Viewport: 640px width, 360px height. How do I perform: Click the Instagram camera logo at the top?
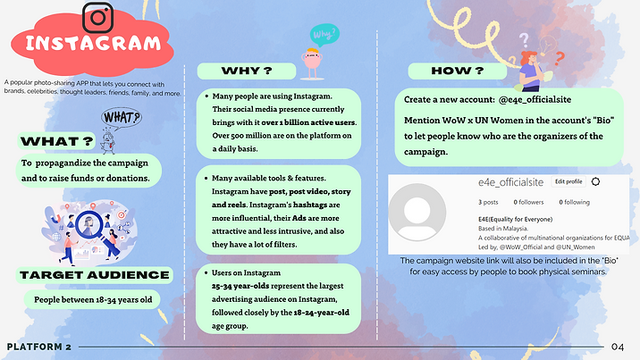point(97,17)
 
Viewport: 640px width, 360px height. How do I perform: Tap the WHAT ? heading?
point(57,140)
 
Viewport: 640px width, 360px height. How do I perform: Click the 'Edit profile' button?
point(568,181)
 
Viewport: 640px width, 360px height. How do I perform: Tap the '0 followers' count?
point(532,202)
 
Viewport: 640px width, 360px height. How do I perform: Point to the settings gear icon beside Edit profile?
point(596,181)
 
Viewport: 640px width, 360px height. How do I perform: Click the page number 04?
point(619,347)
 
